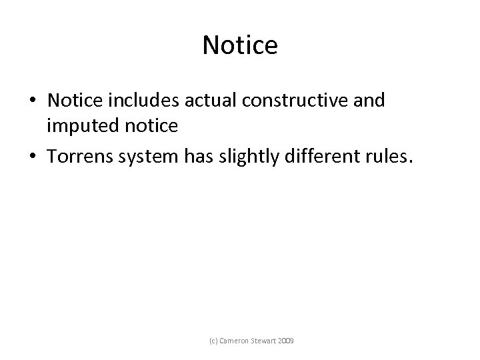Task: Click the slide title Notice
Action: tap(239, 45)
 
